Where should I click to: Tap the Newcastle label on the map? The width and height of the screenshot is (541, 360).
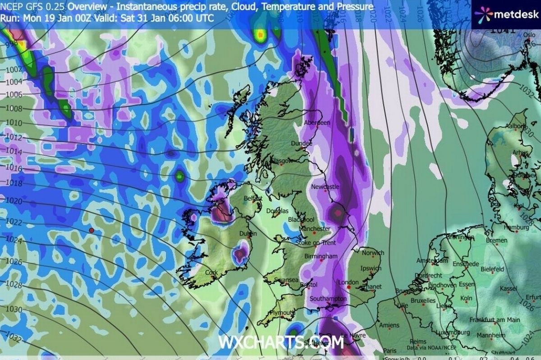325,187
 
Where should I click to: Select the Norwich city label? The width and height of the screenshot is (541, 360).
372,253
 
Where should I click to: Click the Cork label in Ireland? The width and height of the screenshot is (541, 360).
211,273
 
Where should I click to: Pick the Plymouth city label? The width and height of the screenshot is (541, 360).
282,313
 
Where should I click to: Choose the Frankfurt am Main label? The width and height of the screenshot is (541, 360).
494,319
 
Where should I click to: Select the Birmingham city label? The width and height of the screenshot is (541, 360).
321,256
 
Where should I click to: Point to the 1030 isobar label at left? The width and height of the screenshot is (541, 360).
14,310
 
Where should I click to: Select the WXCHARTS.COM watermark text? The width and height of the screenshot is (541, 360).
280,342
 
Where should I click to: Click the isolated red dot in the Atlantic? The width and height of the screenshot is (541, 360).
92,230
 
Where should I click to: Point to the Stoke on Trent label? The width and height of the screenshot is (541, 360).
315,243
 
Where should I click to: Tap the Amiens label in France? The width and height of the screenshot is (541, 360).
389,325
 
